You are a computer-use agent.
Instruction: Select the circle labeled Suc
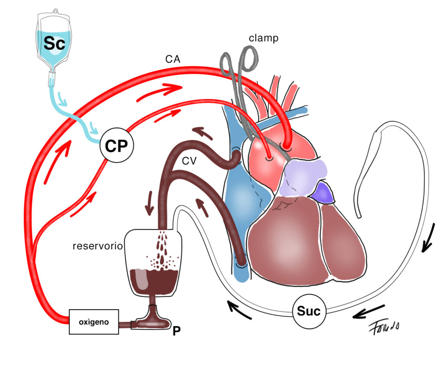308,311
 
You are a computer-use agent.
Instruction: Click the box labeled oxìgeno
94,322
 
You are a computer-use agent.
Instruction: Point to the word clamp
263,38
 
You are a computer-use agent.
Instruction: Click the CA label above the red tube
173,59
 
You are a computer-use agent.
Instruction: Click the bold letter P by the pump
176,331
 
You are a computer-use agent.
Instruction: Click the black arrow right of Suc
368,312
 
